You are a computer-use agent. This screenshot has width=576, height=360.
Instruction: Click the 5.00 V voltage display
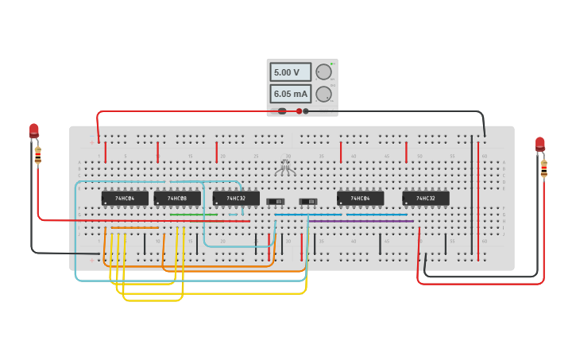290,72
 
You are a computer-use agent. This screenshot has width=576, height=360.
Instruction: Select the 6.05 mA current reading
290,94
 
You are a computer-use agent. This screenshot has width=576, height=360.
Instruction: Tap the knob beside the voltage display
323,72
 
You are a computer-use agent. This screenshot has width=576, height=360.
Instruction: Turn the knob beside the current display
323,94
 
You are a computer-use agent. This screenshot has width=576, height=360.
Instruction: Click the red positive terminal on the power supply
299,111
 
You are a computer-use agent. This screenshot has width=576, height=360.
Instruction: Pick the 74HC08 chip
177,198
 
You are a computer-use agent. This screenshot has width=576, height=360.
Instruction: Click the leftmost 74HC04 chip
125,198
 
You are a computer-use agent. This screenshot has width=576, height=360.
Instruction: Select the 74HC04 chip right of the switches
360,198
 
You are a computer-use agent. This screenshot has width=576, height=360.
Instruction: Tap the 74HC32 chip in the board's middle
236,198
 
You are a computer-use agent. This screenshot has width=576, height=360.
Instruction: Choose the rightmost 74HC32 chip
426,198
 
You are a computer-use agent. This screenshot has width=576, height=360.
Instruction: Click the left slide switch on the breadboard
276,201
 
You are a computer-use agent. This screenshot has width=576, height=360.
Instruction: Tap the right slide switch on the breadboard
308,201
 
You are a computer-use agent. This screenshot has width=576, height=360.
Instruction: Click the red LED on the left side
34,130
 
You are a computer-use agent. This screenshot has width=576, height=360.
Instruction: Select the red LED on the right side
540,143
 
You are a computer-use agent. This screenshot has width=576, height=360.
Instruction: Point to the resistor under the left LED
37,155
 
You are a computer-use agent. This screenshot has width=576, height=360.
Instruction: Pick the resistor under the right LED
543,168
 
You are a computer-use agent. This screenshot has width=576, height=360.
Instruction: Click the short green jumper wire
193,215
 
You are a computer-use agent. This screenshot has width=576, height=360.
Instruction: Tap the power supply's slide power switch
282,111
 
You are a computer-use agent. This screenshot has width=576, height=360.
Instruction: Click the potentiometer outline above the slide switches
285,168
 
